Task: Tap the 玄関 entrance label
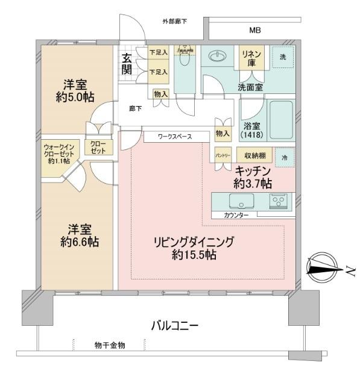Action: tap(128, 64)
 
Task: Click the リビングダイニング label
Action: tap(192, 243)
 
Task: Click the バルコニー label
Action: tap(174, 326)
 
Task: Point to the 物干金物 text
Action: tap(110, 345)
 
